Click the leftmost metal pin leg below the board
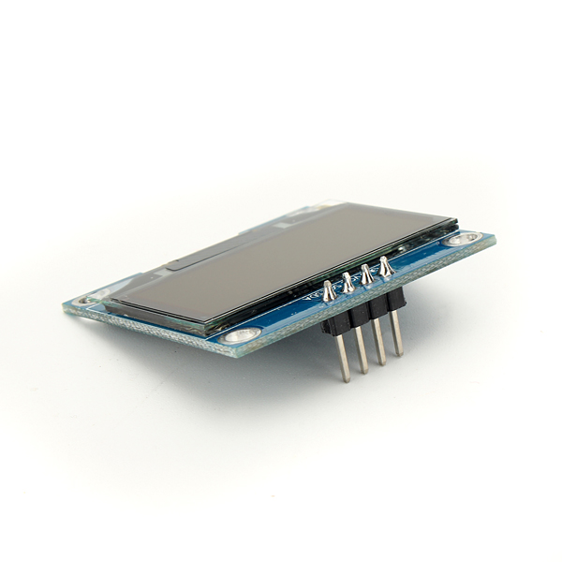click(342, 356)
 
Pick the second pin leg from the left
click(361, 349)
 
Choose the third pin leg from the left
click(379, 342)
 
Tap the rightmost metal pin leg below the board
click(397, 333)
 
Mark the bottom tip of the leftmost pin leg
click(346, 379)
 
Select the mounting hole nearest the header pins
click(461, 240)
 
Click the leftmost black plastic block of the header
click(335, 320)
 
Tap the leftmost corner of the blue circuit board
click(65, 305)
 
